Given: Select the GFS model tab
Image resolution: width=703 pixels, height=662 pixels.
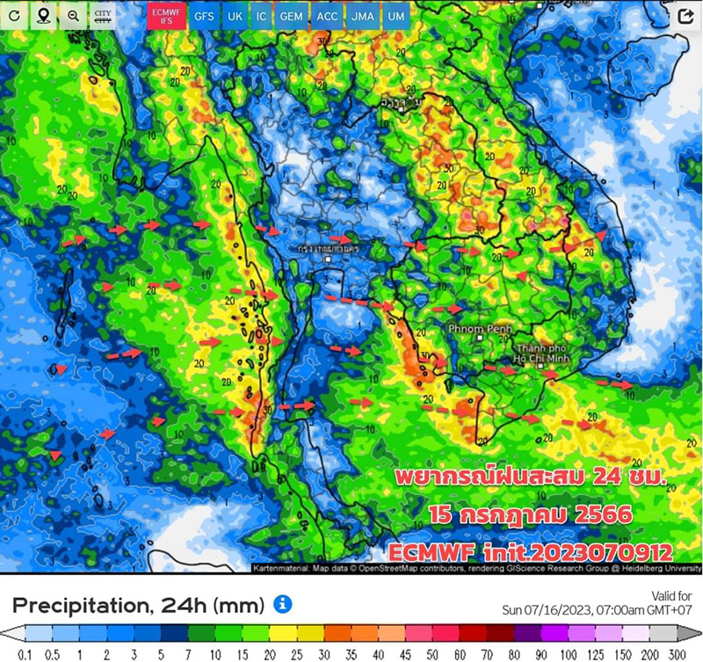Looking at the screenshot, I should pos(204,16).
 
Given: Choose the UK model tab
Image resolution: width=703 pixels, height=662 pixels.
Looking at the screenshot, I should pos(236,16).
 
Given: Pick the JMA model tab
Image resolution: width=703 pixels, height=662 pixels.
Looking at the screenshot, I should pos(360,16).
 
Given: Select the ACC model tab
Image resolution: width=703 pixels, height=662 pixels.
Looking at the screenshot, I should pos(327,16).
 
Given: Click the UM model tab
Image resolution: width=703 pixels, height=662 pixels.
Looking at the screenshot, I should pos(395,16).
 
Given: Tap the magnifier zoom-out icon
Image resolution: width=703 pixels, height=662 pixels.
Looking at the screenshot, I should pos(73,16).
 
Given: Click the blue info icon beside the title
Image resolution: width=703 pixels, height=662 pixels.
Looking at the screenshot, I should pos(282,603).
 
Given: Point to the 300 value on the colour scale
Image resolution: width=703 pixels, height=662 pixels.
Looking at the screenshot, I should pos(675,654).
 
